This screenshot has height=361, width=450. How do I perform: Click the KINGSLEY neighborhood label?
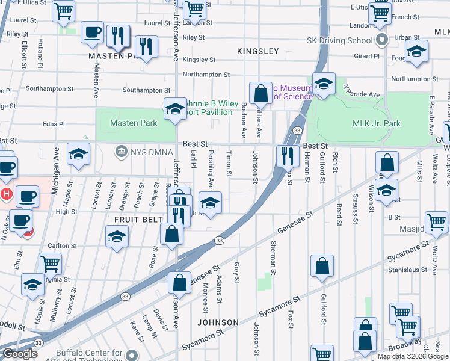(x=258, y=51)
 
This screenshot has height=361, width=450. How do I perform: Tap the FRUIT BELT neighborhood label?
(x=136, y=220)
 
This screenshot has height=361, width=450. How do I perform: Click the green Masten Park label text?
(x=133, y=123)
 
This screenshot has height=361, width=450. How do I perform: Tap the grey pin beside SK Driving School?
(x=381, y=41)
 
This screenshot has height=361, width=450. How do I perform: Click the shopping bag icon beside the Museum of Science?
(x=260, y=93)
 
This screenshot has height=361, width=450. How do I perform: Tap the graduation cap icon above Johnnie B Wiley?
(x=174, y=108)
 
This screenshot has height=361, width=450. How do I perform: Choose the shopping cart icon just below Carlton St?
(x=50, y=263)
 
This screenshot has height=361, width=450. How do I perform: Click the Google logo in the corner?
(x=19, y=354)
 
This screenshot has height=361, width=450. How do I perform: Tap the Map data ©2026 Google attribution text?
(x=412, y=356)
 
